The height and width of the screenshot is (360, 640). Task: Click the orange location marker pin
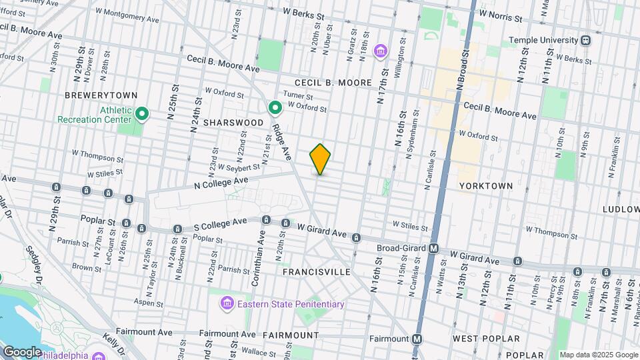[321, 159]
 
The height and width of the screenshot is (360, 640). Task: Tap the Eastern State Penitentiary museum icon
[227, 304]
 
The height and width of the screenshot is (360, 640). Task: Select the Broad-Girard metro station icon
[433, 249]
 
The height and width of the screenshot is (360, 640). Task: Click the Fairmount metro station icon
[417, 338]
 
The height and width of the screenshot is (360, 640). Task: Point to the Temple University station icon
[585, 40]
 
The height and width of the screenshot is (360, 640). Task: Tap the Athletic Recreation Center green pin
[141, 114]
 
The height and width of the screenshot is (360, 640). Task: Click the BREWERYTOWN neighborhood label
[91, 95]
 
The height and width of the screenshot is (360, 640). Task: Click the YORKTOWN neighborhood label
[486, 186]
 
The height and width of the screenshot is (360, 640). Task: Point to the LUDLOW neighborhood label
[621, 209]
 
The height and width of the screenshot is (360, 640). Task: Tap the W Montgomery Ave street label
[127, 15]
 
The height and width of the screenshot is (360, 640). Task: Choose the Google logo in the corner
[22, 351]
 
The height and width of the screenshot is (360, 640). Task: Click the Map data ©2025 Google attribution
[598, 355]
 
